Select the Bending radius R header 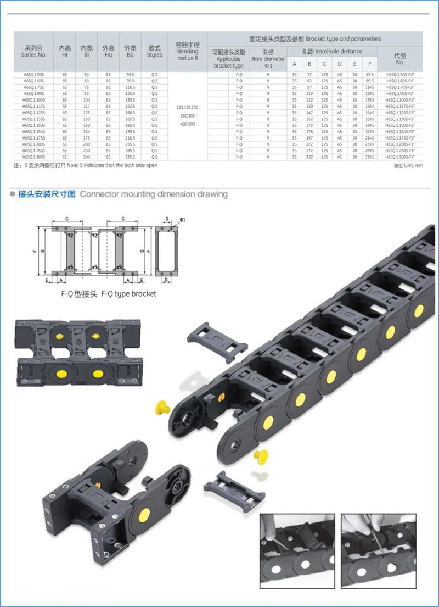click(x=187, y=52)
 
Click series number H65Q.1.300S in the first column click(x=34, y=157)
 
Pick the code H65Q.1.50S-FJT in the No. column click(x=399, y=74)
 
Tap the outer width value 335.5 click(x=130, y=157)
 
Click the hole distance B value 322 click(x=309, y=157)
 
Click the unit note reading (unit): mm click(x=409, y=165)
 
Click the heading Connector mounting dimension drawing click(x=154, y=194)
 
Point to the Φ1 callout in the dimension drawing click(x=182, y=220)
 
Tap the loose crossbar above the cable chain click(x=218, y=339)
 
